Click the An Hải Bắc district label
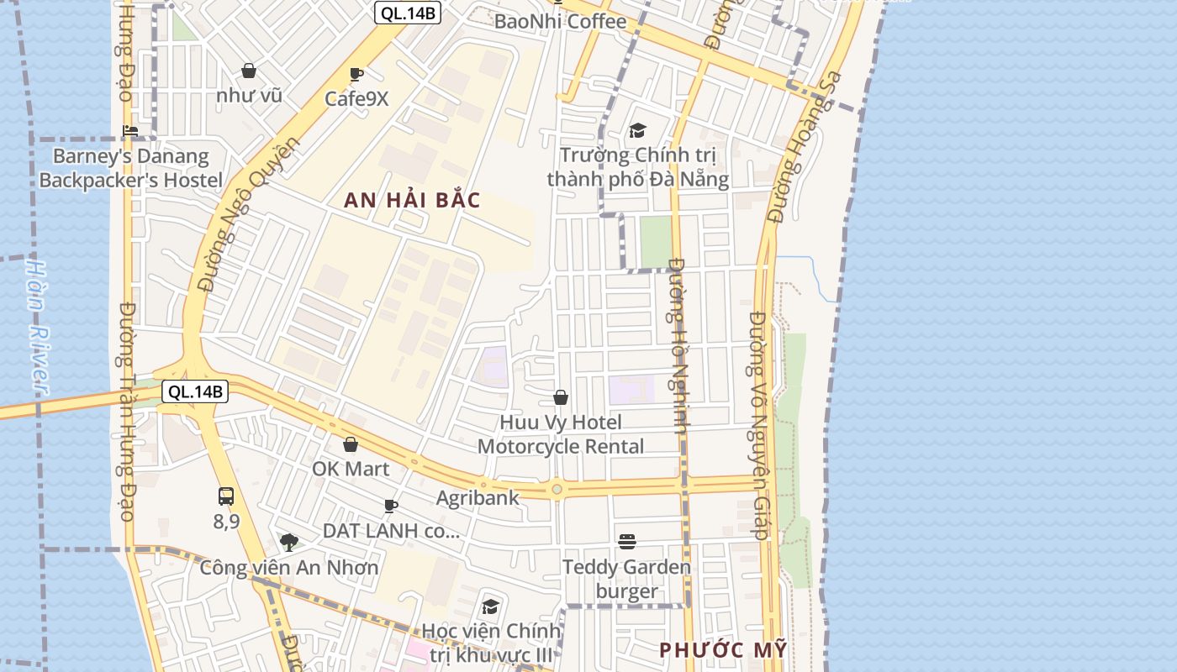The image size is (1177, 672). point(412,200)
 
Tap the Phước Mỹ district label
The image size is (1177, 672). point(723,649)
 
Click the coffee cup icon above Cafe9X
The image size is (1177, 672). point(356,74)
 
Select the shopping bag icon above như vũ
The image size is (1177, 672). point(249,71)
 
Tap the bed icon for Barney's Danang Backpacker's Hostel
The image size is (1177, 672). point(130,130)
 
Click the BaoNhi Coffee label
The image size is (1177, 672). point(560,21)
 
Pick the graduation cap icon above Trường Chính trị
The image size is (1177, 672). point(637,130)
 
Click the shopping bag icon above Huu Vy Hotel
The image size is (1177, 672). point(561,397)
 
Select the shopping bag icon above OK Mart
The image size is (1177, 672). point(351,444)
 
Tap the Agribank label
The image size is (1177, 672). point(478,497)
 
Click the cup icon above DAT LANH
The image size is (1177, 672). point(390,506)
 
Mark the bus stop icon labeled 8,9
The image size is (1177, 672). point(226,496)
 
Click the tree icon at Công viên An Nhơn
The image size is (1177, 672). point(289,542)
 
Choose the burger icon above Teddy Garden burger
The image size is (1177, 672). point(626,542)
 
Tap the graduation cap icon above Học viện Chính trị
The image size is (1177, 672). point(490,606)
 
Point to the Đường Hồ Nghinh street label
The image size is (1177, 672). point(679,344)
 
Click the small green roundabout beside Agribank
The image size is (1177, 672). point(557,488)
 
